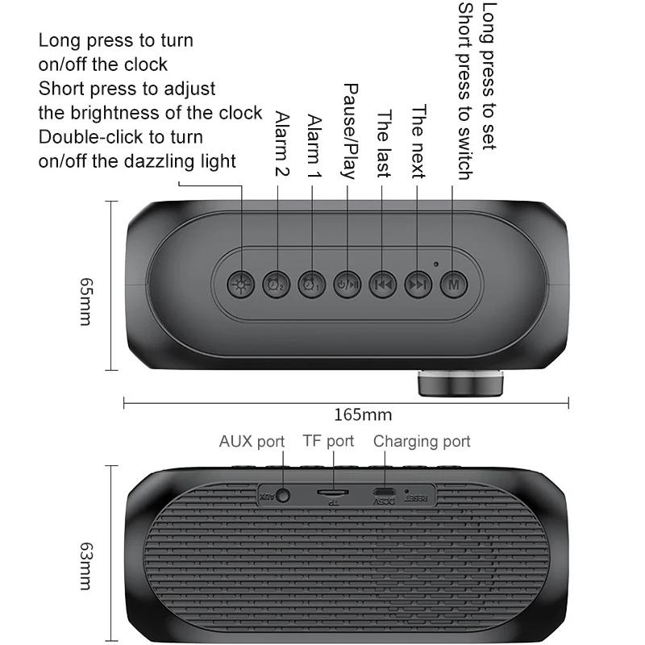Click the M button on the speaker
click(x=453, y=283)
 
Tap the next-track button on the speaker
click(x=418, y=283)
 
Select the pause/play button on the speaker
click(x=347, y=283)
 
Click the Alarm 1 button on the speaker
click(x=310, y=283)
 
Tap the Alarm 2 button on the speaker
click(x=275, y=283)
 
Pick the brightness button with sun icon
click(x=239, y=283)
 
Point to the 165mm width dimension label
click(x=363, y=415)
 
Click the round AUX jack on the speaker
click(x=282, y=495)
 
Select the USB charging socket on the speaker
click(x=383, y=492)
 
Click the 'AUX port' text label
click(x=252, y=441)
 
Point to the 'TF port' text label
click(x=328, y=441)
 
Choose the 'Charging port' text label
click(x=422, y=441)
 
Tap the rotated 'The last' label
click(x=385, y=144)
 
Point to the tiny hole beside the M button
click(x=436, y=264)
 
